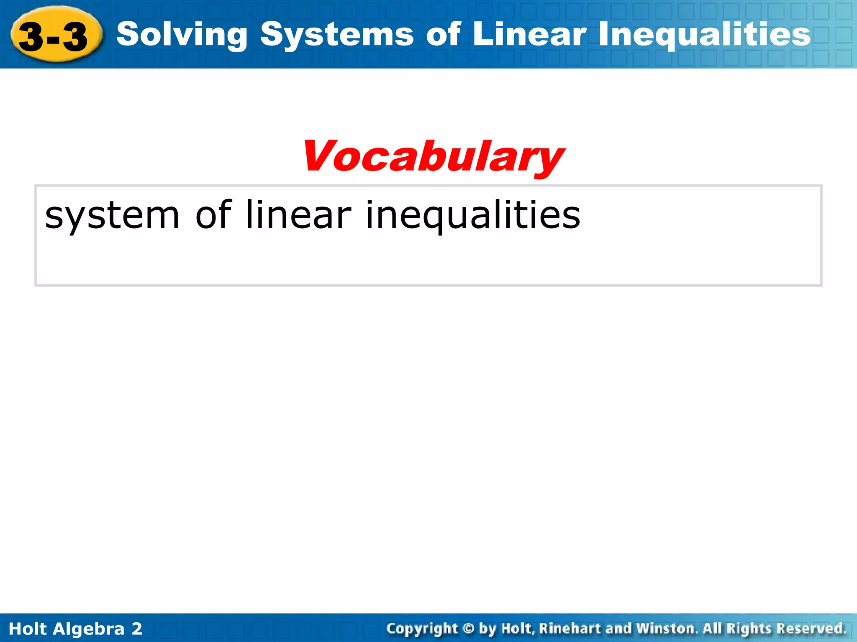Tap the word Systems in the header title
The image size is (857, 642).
(337, 35)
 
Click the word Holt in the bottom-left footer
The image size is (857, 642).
(28, 629)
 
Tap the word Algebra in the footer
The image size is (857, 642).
(89, 629)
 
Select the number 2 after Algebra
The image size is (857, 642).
(137, 629)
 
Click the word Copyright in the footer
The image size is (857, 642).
(422, 629)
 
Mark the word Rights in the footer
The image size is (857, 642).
(749, 629)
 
